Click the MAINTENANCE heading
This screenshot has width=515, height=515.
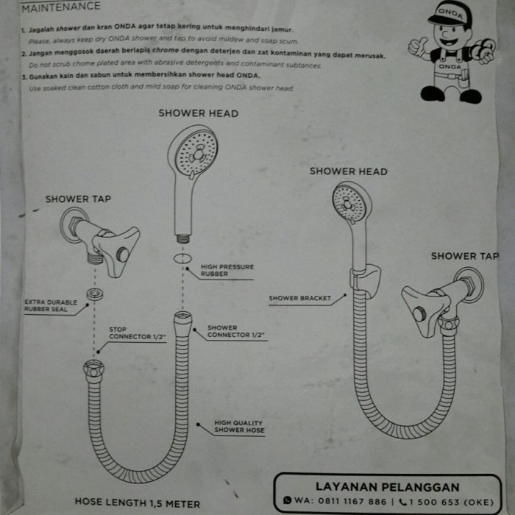point(61,7)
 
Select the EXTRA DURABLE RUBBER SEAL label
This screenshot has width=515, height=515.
point(51,306)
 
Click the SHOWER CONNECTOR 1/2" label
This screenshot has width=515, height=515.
point(235,332)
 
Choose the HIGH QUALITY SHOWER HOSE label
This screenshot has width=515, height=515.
point(239,427)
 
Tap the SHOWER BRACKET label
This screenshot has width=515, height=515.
point(299,299)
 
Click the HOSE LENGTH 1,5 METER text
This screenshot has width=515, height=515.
point(137,504)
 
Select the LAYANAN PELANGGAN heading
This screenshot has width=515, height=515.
point(388,486)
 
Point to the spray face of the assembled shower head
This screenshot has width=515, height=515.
point(348,202)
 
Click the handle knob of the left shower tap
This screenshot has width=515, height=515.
point(121,255)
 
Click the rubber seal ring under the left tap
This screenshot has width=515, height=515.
point(94,294)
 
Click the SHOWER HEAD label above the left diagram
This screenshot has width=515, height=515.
point(198,113)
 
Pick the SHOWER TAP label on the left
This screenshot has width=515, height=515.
point(78,199)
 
